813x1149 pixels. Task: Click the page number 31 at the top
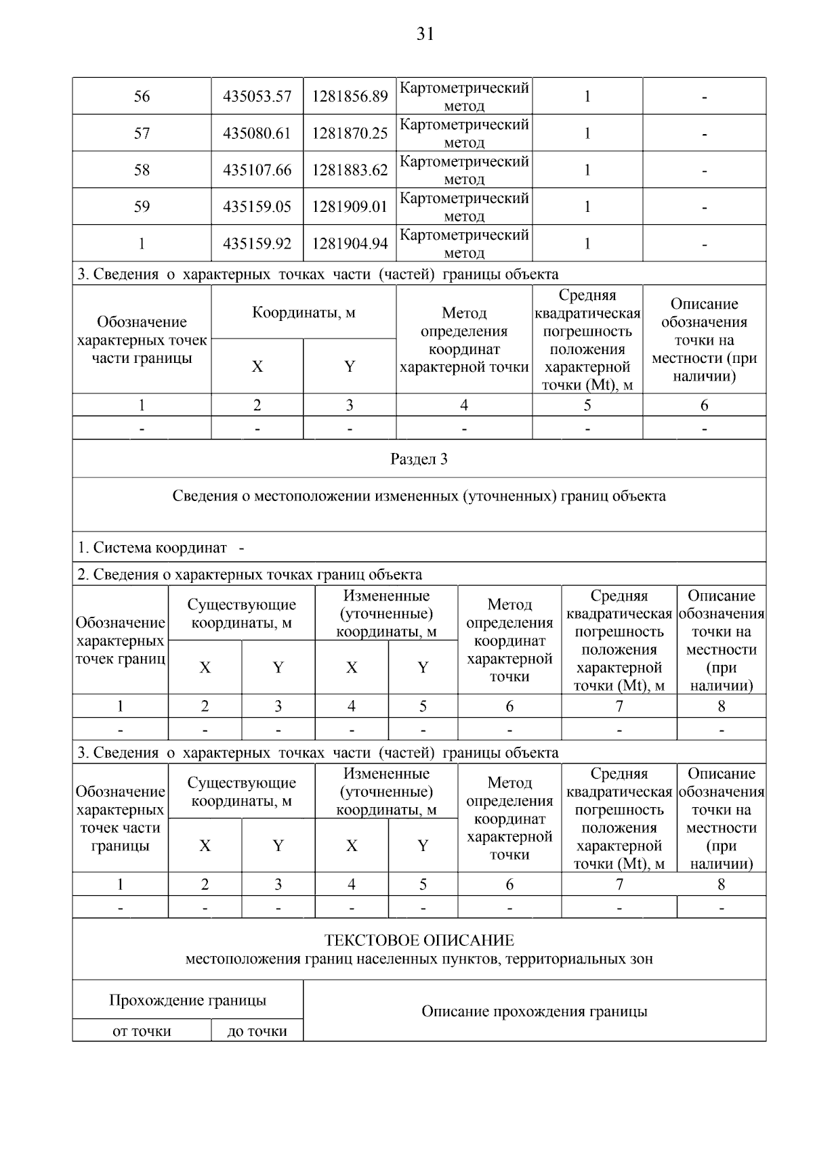[x=425, y=34]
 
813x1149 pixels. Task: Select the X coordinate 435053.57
[x=257, y=97]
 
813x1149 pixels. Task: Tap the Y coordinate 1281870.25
[x=350, y=133]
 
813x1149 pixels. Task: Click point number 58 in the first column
[x=142, y=170]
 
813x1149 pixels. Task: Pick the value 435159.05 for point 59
[x=257, y=207]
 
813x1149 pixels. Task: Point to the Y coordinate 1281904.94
[x=350, y=244]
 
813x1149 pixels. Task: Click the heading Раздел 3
[x=419, y=459]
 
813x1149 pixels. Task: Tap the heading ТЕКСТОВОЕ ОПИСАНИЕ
[x=419, y=940]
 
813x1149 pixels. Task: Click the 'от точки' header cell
[x=142, y=1031]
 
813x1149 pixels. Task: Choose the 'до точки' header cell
[x=257, y=1031]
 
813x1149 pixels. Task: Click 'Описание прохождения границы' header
[x=534, y=1012]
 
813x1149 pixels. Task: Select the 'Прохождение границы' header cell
[x=188, y=1000]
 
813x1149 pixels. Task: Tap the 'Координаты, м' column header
[x=304, y=313]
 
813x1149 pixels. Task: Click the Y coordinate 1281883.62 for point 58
[x=350, y=170]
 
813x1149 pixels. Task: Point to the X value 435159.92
[x=257, y=244]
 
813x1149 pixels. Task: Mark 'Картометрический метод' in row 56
[x=464, y=97]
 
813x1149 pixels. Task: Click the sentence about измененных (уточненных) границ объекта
[x=419, y=496]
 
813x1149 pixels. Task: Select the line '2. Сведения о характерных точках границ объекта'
[x=249, y=575]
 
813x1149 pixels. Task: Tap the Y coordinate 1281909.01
[x=350, y=207]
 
